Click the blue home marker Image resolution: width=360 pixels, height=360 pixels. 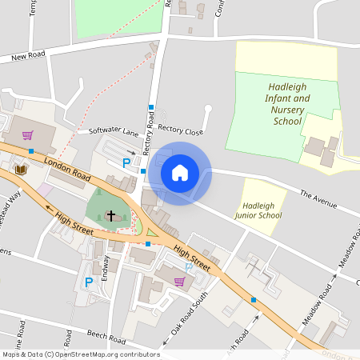pos(180,173)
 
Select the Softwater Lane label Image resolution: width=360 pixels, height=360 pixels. pos(114,130)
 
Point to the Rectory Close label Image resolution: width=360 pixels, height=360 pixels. pos(180,130)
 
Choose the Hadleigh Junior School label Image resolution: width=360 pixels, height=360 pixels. pos(258,210)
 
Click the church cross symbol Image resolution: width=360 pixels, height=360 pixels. pos(110,217)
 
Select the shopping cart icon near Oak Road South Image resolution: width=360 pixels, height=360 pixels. pos(179,281)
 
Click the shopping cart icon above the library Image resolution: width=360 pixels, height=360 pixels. pos(28,135)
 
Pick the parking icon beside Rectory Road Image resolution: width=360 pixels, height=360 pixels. pos(126,162)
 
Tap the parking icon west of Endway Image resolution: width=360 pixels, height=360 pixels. pos(89,282)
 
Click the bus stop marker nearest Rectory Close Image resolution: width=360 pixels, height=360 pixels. pos(150,107)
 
